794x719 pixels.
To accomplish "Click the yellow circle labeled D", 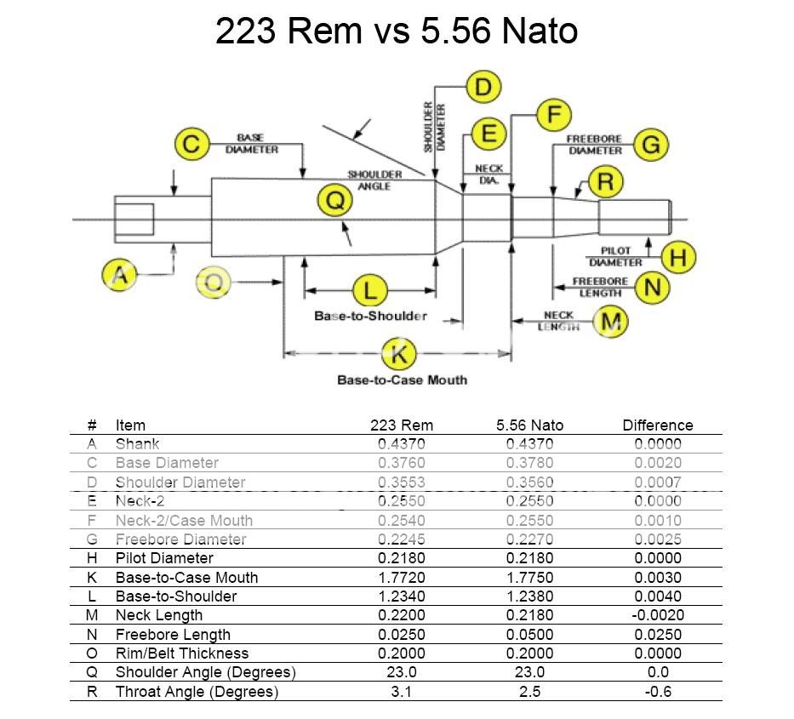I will [x=483, y=87].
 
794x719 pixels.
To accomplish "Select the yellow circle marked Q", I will [x=334, y=203].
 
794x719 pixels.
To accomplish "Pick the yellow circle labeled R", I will [x=605, y=182].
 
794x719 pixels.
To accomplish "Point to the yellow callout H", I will [x=677, y=257].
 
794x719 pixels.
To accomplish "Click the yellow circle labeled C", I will [x=192, y=144].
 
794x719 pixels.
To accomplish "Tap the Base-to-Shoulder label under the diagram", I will [x=370, y=316].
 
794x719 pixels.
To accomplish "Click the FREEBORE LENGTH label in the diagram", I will [x=600, y=287].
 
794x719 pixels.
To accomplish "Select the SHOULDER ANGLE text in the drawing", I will [x=374, y=180].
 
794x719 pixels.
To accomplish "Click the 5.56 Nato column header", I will [x=529, y=425].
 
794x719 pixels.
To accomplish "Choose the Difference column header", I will [x=658, y=425].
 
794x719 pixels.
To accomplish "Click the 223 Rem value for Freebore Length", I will [x=401, y=635].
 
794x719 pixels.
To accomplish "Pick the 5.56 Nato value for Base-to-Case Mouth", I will [x=529, y=578].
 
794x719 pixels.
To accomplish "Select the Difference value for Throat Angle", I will [x=658, y=692].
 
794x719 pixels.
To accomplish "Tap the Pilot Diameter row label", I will [x=164, y=558].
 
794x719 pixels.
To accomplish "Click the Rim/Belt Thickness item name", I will [x=182, y=653].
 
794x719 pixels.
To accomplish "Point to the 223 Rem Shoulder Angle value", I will [x=401, y=673].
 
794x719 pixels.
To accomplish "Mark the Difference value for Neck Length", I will [x=658, y=615].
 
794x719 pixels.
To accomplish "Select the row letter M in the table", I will [x=92, y=615].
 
